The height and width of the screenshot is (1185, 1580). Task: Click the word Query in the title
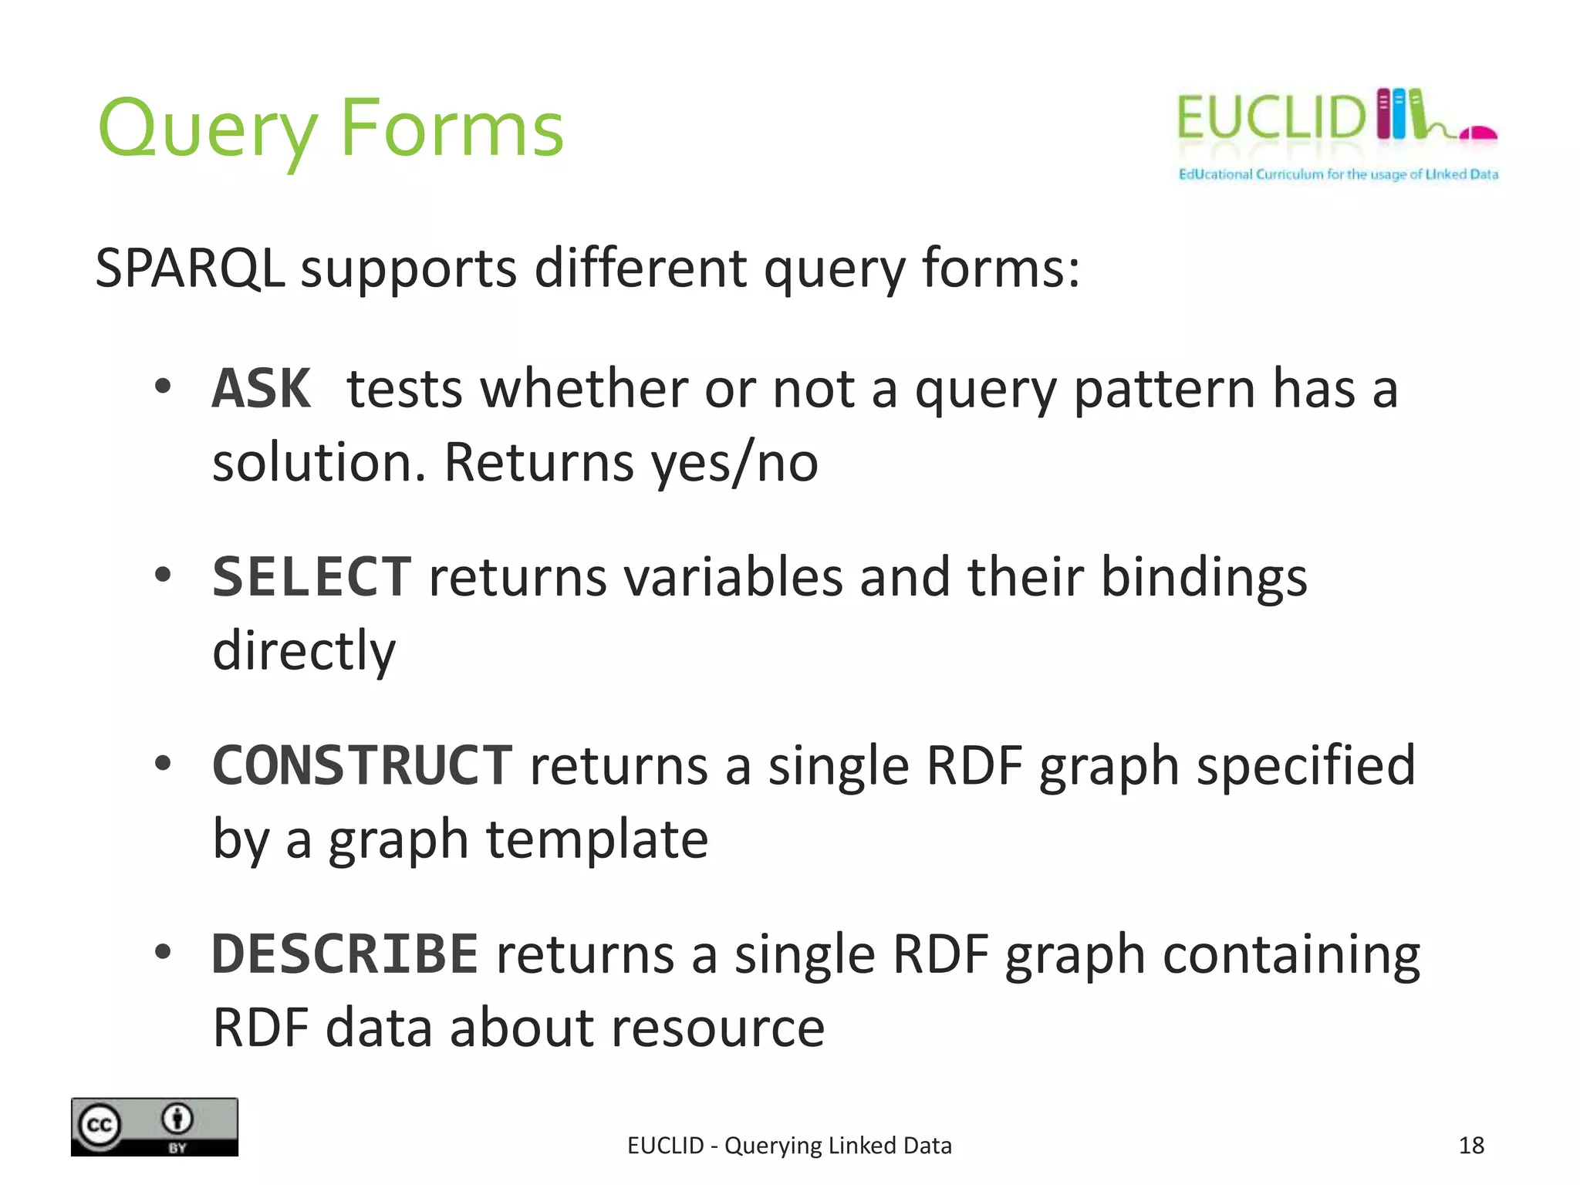pyautogui.click(x=207, y=130)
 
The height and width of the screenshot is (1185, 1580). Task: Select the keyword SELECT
pyautogui.click(x=312, y=577)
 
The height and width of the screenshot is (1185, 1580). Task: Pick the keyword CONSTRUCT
pyautogui.click(x=362, y=765)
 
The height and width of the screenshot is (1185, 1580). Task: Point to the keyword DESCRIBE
pyautogui.click(x=345, y=954)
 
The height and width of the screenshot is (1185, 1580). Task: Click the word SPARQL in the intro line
pyautogui.click(x=190, y=268)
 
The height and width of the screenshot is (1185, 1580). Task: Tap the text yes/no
pyautogui.click(x=734, y=463)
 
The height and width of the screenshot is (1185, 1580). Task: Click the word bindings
pyautogui.click(x=1204, y=577)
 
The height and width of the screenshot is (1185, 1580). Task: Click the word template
pyautogui.click(x=596, y=839)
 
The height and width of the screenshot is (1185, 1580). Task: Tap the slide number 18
pyautogui.click(x=1471, y=1145)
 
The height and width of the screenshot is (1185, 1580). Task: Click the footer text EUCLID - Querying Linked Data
pyautogui.click(x=789, y=1146)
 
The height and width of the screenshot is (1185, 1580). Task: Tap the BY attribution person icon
pyautogui.click(x=178, y=1119)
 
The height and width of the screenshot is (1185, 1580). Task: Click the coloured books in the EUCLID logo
pyautogui.click(x=1399, y=114)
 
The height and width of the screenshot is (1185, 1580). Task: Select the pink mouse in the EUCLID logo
pyautogui.click(x=1480, y=134)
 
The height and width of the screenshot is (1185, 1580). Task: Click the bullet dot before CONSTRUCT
pyautogui.click(x=162, y=764)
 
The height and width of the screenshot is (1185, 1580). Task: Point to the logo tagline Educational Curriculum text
pyautogui.click(x=1338, y=174)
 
